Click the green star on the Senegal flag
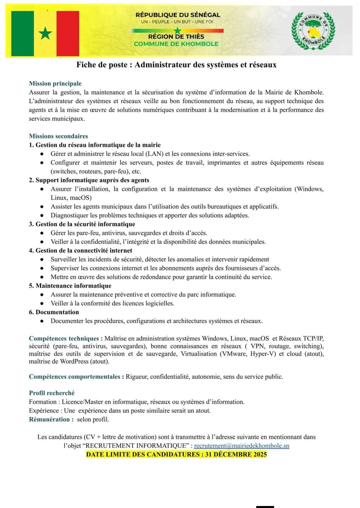tap(45, 33)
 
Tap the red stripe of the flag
tap(68, 33)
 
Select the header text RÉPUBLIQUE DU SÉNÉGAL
tap(178, 15)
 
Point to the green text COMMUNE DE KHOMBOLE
tap(176, 44)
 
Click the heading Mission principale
tap(55, 83)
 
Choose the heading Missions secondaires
tap(58, 136)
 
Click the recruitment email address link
tap(242, 446)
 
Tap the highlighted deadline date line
tap(176, 455)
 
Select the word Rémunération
tap(49, 419)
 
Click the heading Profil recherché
tap(52, 393)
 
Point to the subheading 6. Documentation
tap(54, 312)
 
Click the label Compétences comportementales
tap(75, 377)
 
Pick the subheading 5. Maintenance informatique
tap(70, 286)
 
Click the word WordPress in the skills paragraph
tap(74, 362)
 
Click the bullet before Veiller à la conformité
tap(42, 303)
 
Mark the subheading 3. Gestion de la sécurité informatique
tap(82, 224)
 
